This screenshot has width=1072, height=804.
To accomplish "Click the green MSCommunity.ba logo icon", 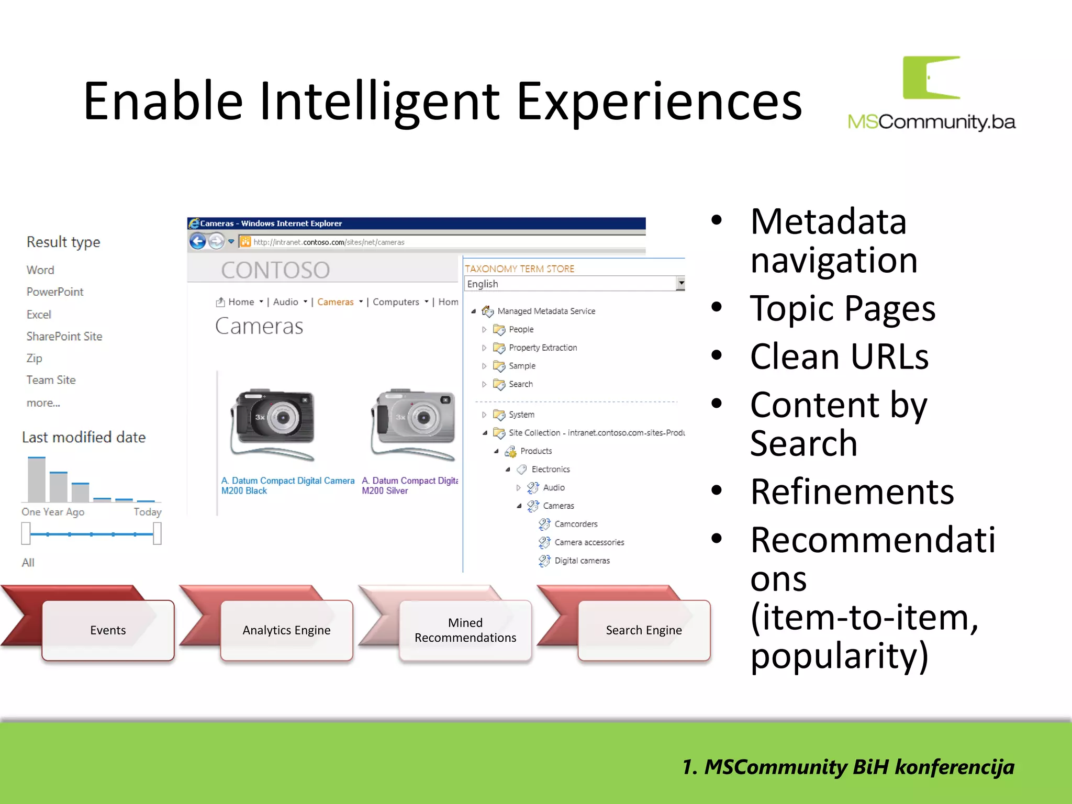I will coord(931,77).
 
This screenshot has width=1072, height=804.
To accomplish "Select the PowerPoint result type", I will coord(55,292).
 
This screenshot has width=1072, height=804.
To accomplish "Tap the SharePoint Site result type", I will coord(64,337).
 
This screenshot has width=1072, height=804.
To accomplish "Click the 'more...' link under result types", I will coord(43,403).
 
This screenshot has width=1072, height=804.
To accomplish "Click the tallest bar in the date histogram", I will coord(37,479).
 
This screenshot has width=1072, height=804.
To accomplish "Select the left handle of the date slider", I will coord(26,534).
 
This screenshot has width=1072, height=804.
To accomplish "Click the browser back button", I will coord(198,241).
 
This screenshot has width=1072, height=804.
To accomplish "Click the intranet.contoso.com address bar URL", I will coord(329,242).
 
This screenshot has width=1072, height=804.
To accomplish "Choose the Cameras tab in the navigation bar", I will coord(335,302).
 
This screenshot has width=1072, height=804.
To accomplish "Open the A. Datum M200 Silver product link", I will coord(408,486).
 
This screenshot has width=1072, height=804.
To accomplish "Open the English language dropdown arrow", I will coord(680,283).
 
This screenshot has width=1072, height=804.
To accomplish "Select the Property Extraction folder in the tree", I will coord(542,348).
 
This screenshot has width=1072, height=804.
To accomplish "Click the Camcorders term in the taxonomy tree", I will coord(575,524).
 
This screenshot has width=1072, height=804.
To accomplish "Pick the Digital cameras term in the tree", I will coord(582,561).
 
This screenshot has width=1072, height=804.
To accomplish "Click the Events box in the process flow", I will coord(108,630).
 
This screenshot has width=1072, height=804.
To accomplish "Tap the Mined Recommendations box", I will coord(465,630).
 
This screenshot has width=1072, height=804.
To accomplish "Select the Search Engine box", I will coord(643,630).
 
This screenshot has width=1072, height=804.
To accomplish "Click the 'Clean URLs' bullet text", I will coord(839,357).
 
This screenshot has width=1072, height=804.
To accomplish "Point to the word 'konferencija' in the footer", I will coord(954,767).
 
